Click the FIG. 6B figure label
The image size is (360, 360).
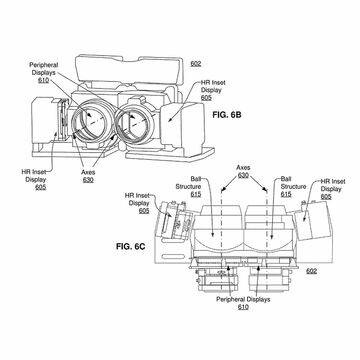coord(227,115)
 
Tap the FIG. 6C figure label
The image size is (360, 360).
coord(130,247)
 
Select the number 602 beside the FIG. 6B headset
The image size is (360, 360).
coord(196,64)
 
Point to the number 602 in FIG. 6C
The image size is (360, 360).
coord(312,271)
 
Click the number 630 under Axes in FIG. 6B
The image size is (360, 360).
coord(88,180)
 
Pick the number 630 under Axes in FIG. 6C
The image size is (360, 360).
coord(243,175)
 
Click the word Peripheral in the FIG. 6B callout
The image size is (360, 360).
coord(44,65)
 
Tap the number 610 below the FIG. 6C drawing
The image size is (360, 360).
coord(243,307)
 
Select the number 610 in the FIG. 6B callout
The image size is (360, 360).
coord(43,80)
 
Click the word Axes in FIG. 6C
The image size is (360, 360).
coord(243,168)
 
